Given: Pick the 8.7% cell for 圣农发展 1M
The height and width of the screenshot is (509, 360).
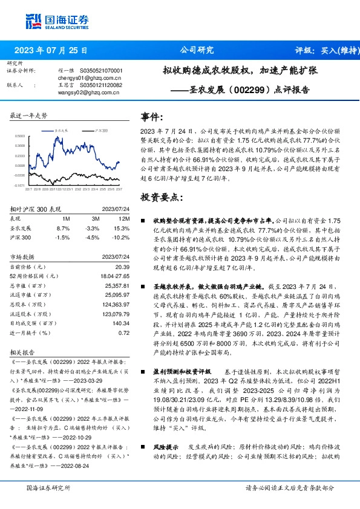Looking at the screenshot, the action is (63, 229).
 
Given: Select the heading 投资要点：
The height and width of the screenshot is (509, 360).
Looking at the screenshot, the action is (159, 197).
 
